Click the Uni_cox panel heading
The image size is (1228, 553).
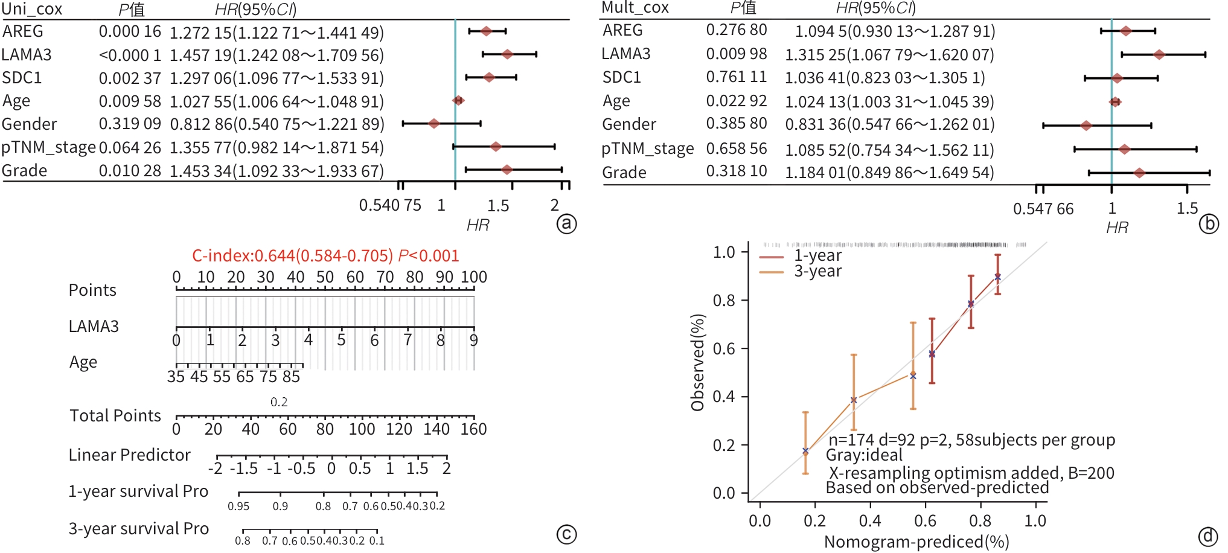tap(32, 9)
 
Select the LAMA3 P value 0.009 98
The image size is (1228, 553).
tap(736, 54)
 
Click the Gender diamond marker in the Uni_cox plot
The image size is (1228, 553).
tap(433, 124)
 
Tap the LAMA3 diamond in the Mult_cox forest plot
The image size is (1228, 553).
tap(1159, 55)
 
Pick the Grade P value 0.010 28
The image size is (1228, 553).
tap(130, 171)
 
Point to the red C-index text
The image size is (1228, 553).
tap(325, 256)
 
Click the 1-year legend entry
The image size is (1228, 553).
tap(817, 256)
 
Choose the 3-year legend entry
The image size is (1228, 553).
tap(817, 272)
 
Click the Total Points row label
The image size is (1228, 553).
tap(115, 416)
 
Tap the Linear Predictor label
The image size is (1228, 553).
tap(129, 455)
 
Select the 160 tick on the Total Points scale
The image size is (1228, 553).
tap(473, 429)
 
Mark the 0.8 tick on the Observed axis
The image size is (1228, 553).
tap(723, 301)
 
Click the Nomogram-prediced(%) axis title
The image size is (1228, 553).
tap(916, 542)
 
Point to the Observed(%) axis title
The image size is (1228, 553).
tap(698, 362)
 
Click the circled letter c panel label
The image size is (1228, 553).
tap(566, 534)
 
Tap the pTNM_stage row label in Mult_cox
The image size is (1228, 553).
tap(647, 149)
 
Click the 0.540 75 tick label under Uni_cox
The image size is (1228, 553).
tap(390, 206)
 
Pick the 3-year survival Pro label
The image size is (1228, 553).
tap(138, 529)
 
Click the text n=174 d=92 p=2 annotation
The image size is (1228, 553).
tap(971, 440)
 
